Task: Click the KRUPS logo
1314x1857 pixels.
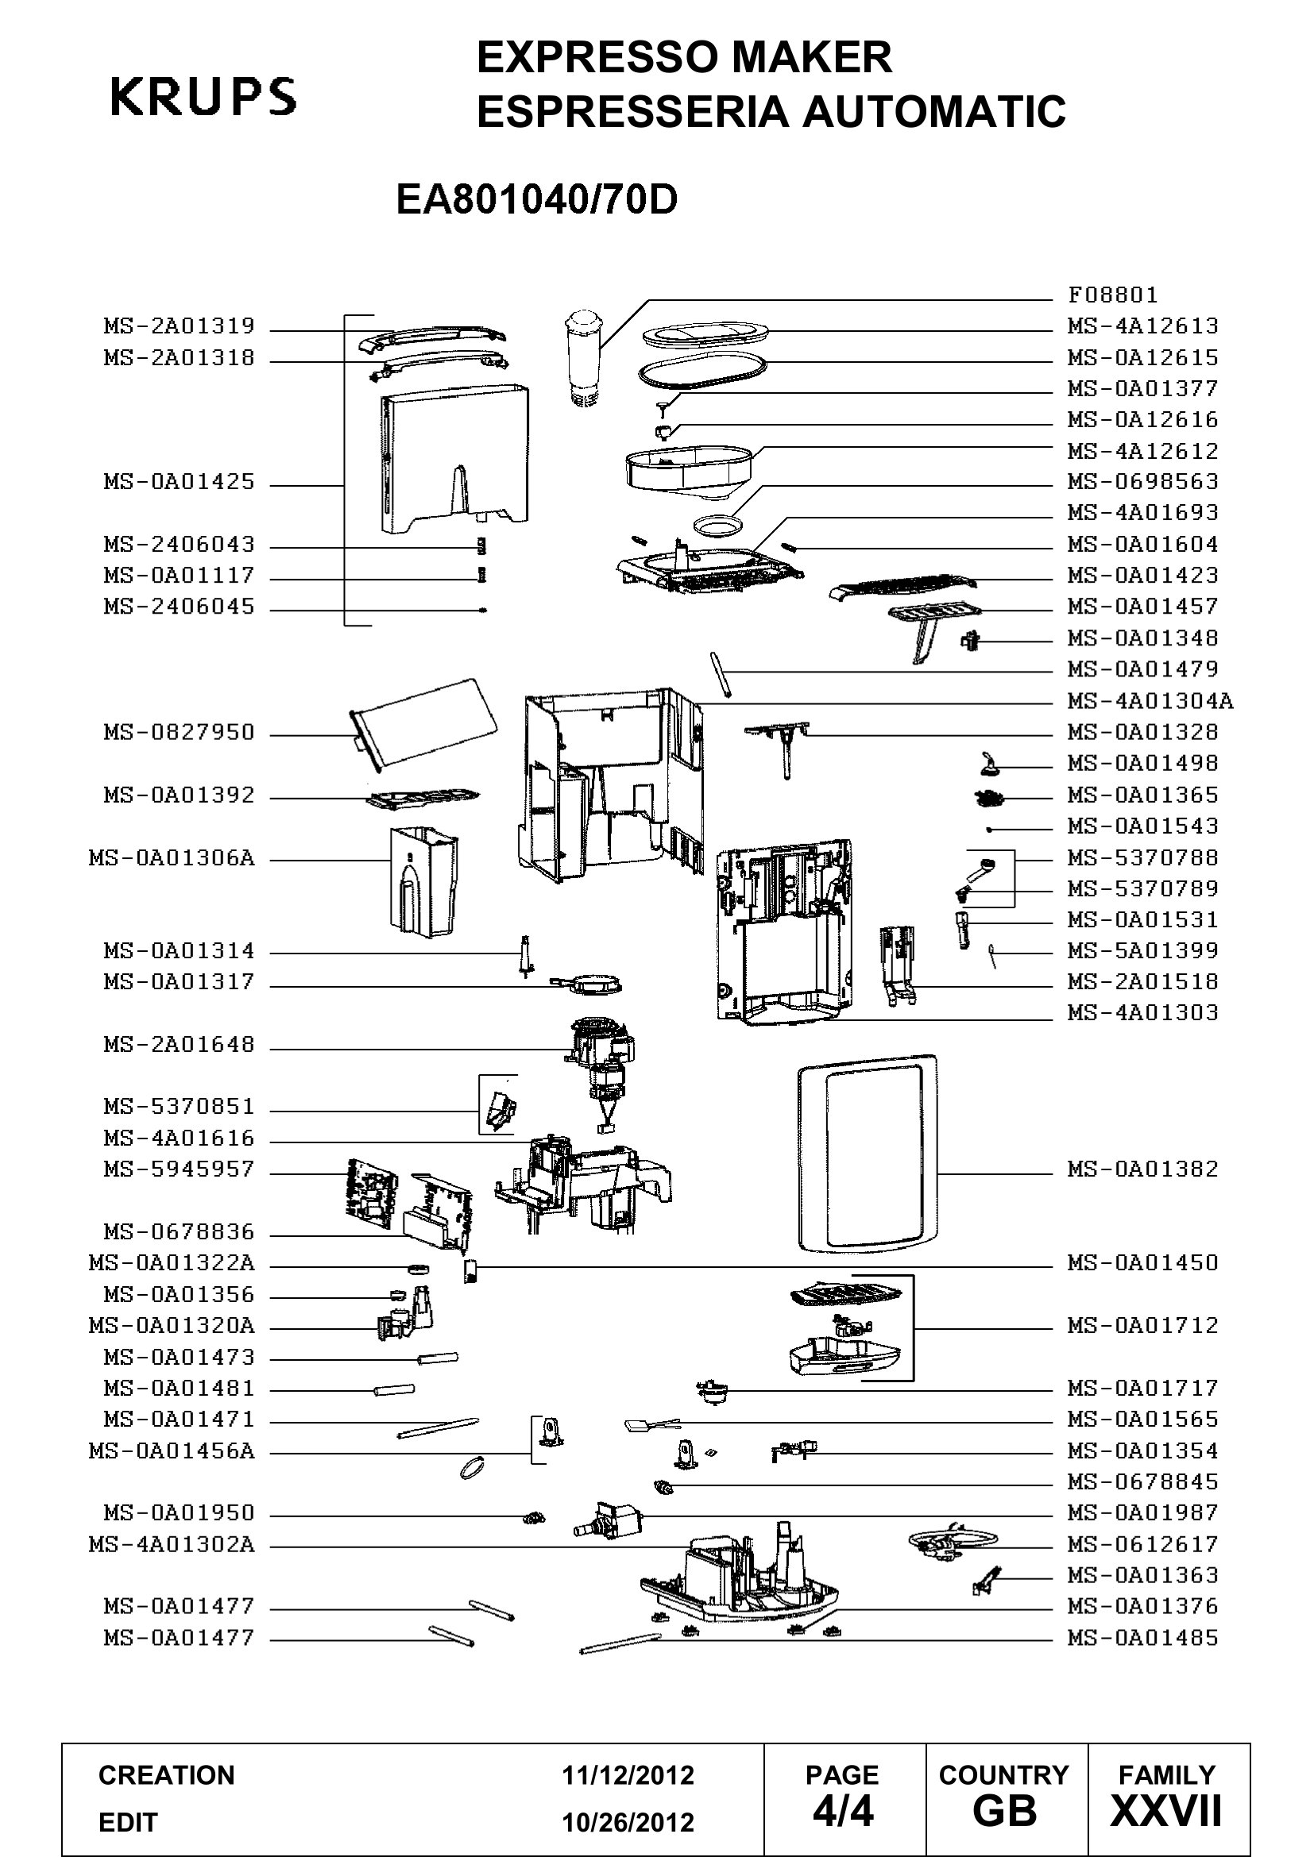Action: coord(203,96)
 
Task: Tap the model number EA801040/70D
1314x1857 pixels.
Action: coord(536,200)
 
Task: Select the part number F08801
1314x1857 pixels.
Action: coord(1112,295)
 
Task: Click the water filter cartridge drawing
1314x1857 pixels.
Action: coord(581,356)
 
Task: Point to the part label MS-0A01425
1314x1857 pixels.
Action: coord(179,482)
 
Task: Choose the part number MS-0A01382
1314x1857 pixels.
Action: coord(1142,1169)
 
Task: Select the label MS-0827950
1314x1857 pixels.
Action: coord(179,733)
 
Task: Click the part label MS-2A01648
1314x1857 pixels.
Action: coord(179,1045)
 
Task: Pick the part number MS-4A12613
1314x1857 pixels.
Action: coord(1142,326)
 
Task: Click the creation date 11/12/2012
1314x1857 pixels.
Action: coord(628,1774)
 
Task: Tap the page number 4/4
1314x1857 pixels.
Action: coord(843,1811)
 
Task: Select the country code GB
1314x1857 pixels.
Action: coord(1005,1811)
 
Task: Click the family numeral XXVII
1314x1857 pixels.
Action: coord(1166,1811)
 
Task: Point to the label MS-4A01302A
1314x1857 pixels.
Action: coord(172,1545)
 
